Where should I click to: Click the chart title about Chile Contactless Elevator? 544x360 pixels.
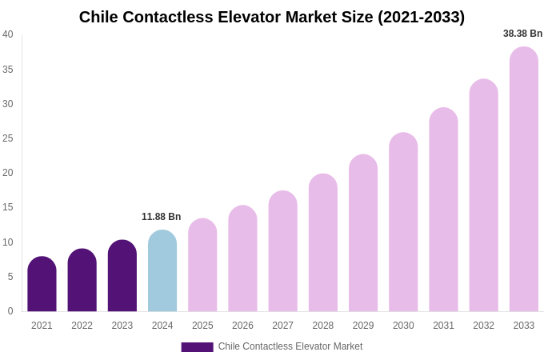271,17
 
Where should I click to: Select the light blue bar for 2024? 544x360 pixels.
162,271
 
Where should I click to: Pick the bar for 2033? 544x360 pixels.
523,179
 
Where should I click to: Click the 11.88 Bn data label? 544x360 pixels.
161,217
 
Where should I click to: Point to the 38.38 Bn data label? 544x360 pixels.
522,34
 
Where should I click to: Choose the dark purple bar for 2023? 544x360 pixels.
122,276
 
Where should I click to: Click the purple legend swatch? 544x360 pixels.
197,347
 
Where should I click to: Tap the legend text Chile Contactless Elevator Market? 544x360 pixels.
290,346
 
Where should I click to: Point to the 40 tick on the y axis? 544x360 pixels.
8,34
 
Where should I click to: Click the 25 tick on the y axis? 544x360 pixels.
8,138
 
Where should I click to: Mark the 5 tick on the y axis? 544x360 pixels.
10,277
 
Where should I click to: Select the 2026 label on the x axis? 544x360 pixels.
242,326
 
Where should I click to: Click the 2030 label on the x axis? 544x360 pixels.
403,326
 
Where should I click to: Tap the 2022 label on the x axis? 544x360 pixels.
82,326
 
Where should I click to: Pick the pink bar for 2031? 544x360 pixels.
443,210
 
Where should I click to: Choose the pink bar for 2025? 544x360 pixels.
202,265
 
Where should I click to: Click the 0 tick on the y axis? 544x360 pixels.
10,311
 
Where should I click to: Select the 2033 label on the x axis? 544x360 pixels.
523,326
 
